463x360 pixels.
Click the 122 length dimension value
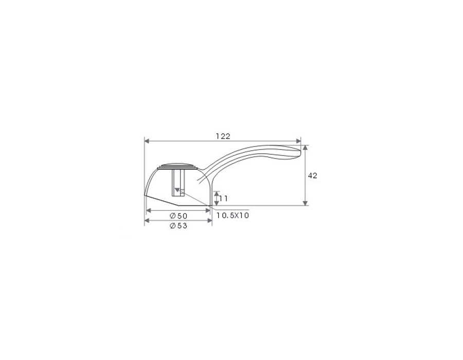coord(223,136)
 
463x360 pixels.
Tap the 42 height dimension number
coord(312,175)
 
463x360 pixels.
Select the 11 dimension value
coord(224,199)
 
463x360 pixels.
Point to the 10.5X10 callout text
coord(233,215)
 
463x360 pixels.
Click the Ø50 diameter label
coord(179,215)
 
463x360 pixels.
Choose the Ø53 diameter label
coord(179,226)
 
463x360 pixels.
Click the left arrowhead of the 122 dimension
coord(147,141)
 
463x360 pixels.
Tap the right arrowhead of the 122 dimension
coord(298,141)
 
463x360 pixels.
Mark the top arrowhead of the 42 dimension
coord(305,147)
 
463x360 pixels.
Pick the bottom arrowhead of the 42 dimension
coord(305,203)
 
